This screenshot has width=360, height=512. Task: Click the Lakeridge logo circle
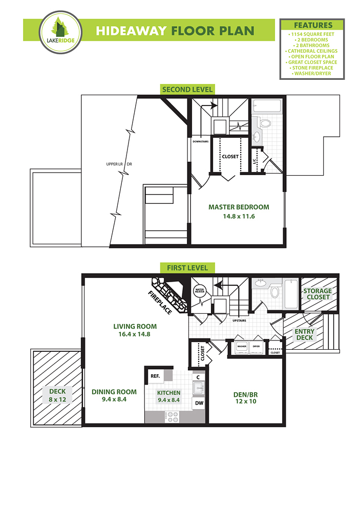click(61, 32)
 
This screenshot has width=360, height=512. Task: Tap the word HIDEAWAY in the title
click(131, 31)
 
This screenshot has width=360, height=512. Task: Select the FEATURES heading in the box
click(313, 25)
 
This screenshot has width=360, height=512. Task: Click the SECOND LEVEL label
click(187, 90)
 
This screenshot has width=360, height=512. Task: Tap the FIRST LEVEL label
click(187, 268)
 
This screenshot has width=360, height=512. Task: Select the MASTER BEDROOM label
click(239, 207)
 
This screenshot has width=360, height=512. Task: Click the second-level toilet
click(264, 123)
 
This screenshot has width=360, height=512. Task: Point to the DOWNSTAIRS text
click(200, 142)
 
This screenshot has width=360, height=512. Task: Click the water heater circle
click(200, 291)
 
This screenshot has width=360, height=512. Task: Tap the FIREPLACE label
click(160, 303)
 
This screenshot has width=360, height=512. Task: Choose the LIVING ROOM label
click(135, 327)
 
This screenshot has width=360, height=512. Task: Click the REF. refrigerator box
click(156, 377)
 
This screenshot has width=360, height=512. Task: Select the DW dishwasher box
click(199, 403)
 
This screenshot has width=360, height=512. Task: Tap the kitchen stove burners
click(173, 417)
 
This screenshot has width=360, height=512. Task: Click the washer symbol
click(242, 348)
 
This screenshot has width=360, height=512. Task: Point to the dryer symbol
click(256, 348)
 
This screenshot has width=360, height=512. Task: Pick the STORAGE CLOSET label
click(317, 294)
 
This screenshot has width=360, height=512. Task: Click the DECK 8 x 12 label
click(57, 395)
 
